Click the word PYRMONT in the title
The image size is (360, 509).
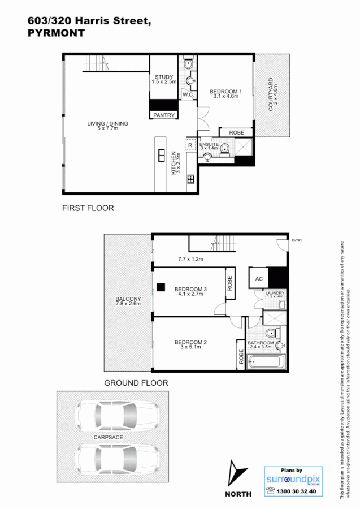[56, 33]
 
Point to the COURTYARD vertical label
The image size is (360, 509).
[271, 94]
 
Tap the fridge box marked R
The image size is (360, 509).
[190, 145]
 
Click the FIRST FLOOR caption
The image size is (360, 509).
[88, 208]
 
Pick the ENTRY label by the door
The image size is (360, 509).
[297, 241]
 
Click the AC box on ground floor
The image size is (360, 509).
[258, 278]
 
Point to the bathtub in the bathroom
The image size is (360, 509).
[266, 361]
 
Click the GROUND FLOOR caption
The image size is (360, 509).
[136, 383]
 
